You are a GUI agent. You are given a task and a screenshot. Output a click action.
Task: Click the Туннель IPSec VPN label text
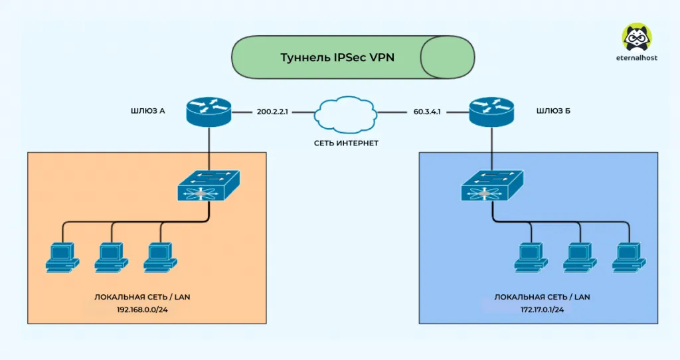pos(337,57)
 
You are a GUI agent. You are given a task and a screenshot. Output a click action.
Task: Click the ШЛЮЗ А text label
pos(148,111)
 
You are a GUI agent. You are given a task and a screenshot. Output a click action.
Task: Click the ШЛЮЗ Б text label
pos(552,111)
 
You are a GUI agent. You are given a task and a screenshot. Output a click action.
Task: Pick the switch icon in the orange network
pos(208,185)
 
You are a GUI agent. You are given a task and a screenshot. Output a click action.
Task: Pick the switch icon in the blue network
pos(491,185)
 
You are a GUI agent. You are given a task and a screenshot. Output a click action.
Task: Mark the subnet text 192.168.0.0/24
pos(146,309)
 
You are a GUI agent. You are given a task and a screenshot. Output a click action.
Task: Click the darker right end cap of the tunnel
pos(448,57)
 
